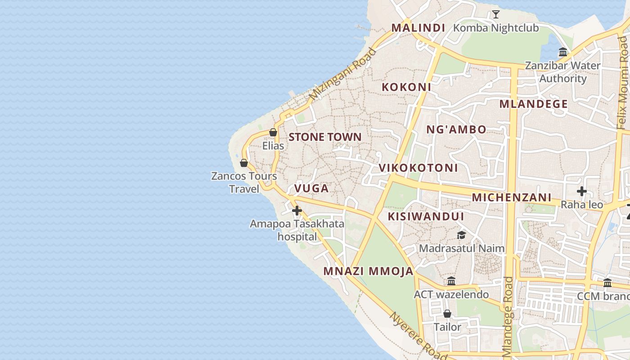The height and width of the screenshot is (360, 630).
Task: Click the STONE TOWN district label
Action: [325, 137]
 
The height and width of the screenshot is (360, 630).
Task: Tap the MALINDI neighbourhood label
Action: [418, 28]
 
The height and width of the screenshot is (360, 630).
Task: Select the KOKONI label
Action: [406, 87]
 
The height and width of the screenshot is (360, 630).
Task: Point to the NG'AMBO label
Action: [456, 130]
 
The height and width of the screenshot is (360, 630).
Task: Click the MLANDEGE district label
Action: [533, 104]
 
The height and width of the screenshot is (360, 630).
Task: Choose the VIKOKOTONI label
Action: [418, 168]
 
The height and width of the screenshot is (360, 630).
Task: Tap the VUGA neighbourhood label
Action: [311, 189]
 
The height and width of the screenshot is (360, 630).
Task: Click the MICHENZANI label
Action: [511, 198]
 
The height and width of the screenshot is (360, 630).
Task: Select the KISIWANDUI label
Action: [426, 216]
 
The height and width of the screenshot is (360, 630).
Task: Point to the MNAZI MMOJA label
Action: [368, 271]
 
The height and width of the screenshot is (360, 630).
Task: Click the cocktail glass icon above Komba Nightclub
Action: [495, 14]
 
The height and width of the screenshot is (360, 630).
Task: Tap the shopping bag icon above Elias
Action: [273, 132]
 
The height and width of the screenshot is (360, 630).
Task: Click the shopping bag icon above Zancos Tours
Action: [244, 162]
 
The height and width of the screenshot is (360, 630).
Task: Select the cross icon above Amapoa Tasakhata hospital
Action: [297, 210]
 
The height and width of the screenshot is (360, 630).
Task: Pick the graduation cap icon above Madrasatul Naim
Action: [461, 235]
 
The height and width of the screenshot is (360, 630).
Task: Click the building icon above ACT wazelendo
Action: [451, 281]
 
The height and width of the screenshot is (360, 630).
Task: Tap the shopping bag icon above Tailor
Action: [447, 313]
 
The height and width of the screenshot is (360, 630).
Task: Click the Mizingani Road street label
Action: [342, 74]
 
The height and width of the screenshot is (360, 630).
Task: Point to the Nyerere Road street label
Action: [418, 335]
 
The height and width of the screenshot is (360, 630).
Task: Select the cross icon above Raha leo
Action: [581, 191]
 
